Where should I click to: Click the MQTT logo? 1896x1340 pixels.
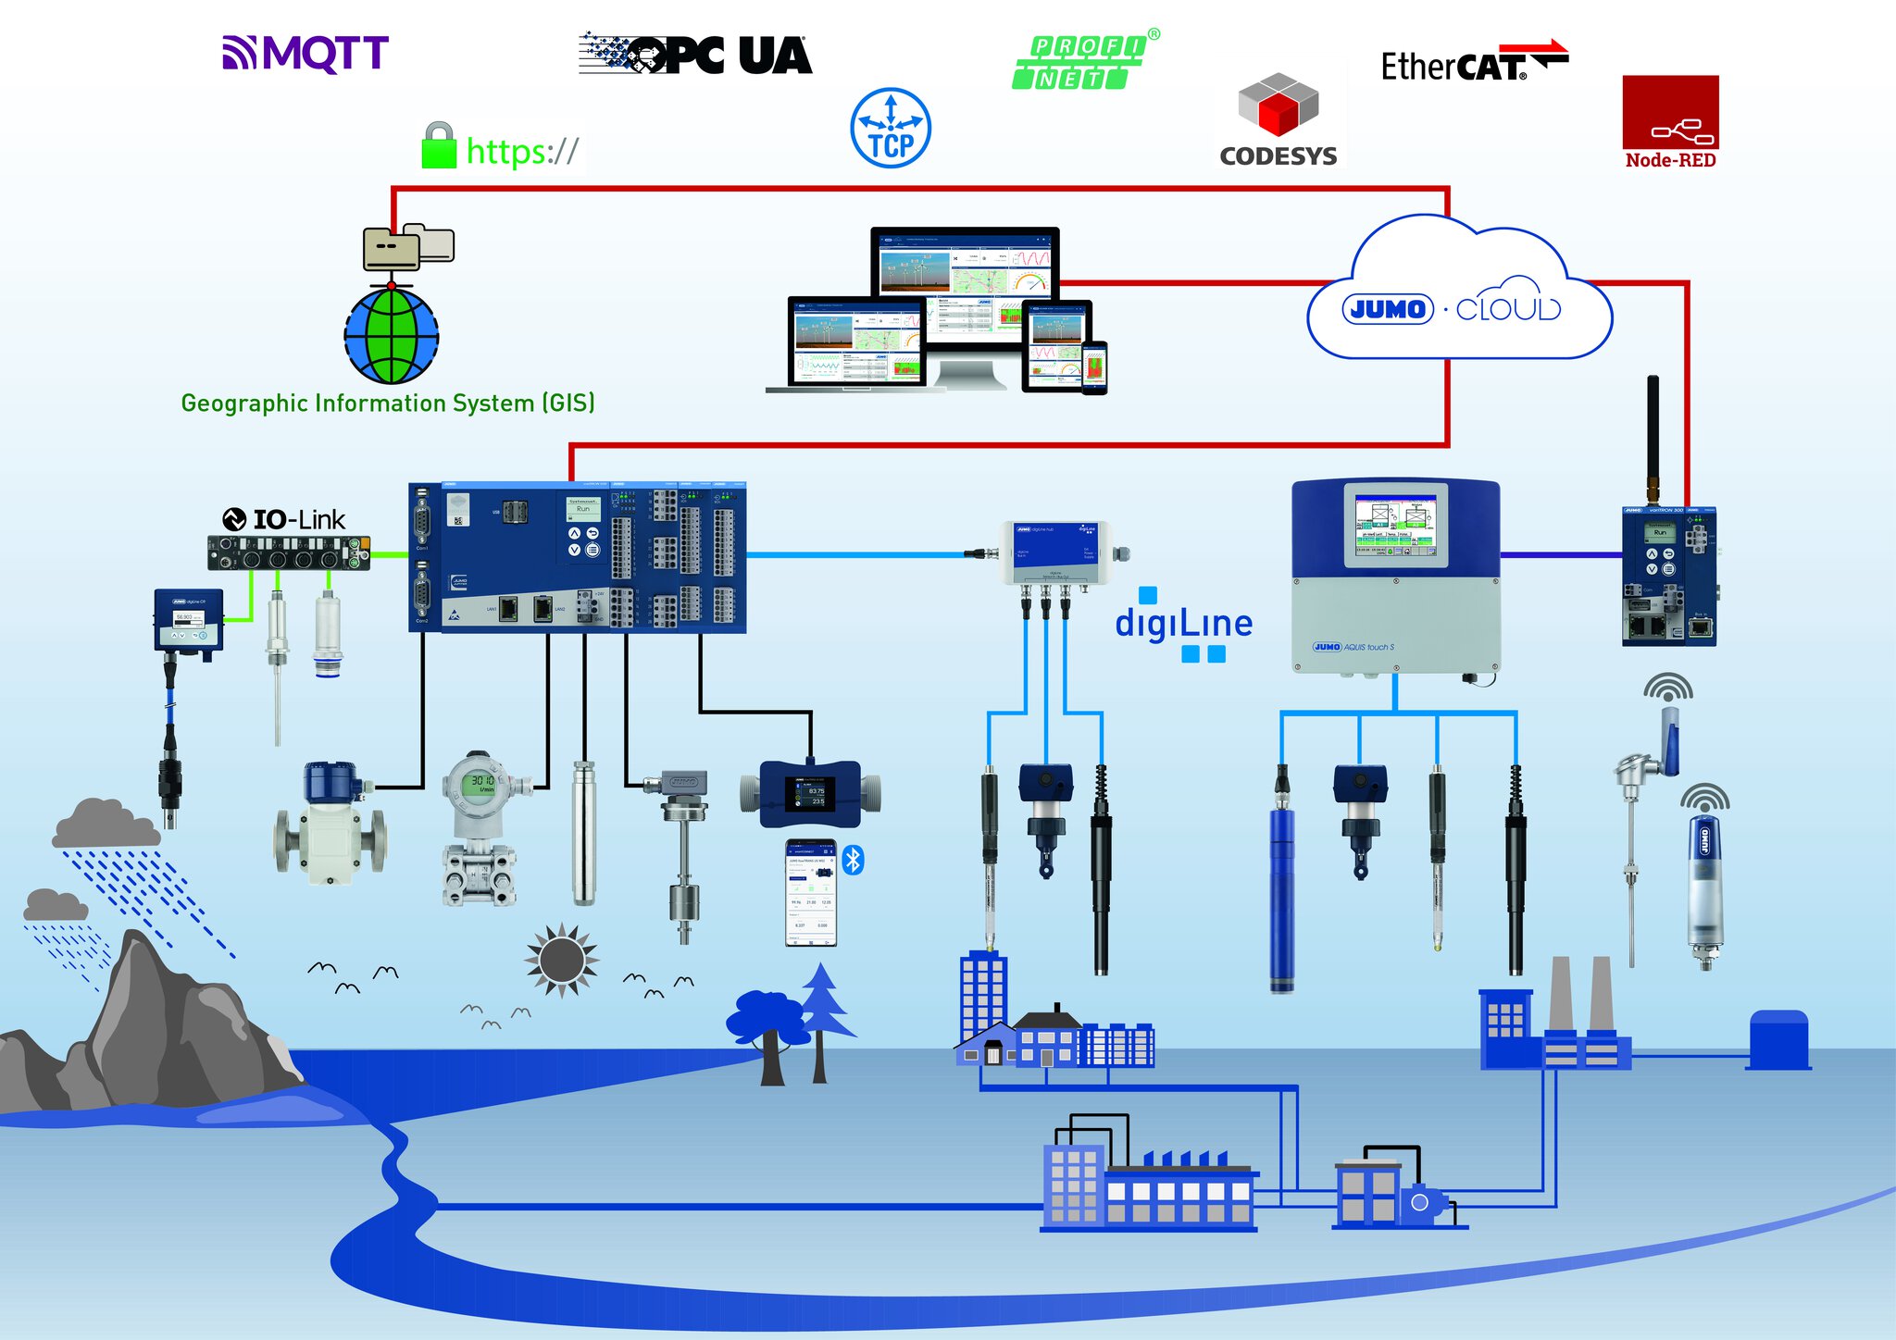click(x=306, y=54)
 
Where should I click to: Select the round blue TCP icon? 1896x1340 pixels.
click(x=891, y=129)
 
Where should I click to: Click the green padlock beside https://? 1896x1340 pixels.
click(x=439, y=146)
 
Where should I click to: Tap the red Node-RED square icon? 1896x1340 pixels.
click(x=1670, y=112)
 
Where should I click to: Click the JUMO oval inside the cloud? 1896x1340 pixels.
click(x=1388, y=309)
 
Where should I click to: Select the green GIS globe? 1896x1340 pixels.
click(x=392, y=335)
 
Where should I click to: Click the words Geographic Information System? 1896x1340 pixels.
click(x=387, y=403)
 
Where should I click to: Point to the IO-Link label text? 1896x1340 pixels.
click(x=298, y=520)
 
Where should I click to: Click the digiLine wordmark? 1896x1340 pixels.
click(x=1183, y=624)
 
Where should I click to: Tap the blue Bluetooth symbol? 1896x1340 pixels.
click(x=854, y=860)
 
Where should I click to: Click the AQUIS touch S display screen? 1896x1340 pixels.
click(x=1395, y=524)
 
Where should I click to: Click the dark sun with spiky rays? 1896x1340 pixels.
click(x=561, y=960)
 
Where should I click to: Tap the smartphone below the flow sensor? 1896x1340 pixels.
click(x=811, y=893)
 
